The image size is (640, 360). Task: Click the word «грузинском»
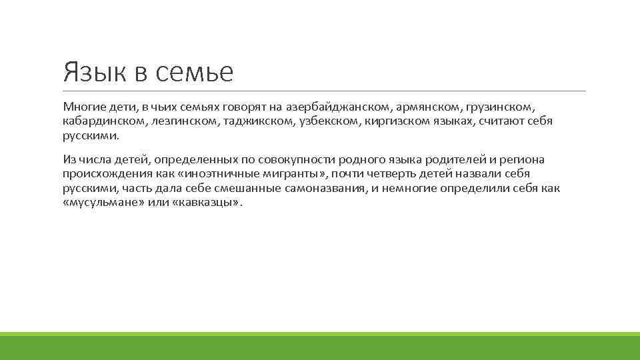[501, 107]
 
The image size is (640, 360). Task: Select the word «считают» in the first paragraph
[501, 121]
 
